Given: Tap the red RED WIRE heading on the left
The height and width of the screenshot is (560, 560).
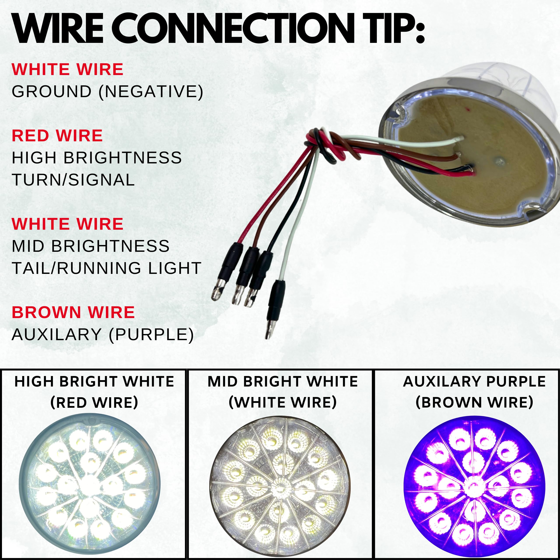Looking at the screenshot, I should pos(57,136).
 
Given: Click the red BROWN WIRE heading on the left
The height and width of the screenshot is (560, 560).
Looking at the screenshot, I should pos(73,312).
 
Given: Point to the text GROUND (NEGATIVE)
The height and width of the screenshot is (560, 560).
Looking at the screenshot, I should pos(107,92).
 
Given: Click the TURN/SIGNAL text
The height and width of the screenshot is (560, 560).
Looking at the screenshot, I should pos(73,180).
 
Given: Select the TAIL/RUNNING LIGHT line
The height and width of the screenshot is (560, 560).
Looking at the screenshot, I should pos(106,268).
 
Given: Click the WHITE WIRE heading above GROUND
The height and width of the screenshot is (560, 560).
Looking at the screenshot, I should pos(67,69).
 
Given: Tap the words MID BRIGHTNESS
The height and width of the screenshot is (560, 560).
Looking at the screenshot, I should pos(90,246).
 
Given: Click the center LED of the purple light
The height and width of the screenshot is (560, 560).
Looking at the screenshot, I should pos(474,488).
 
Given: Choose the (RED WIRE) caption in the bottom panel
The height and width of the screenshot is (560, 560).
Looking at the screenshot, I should pos(94,402).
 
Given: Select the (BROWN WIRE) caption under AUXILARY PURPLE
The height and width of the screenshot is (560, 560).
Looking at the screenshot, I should pos(474,402).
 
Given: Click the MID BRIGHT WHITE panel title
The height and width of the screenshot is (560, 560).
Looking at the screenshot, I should pos(283,381).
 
